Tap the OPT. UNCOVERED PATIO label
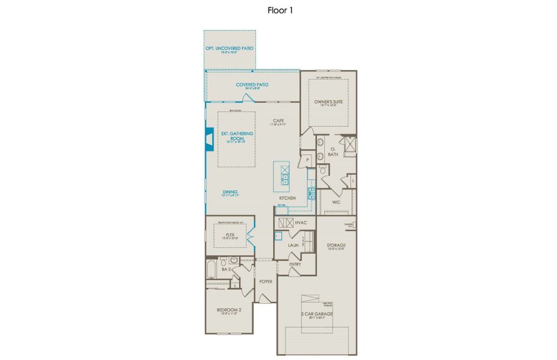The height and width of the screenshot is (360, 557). tap(230, 47)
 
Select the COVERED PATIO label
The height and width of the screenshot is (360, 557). tap(252, 85)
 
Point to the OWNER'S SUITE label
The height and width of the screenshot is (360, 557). tap(329, 102)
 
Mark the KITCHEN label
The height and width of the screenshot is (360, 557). tap(287, 198)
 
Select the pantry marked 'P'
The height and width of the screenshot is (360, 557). tap(306, 160)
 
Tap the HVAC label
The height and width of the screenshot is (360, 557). tap(301, 223)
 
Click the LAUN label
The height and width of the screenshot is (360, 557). tap(293, 245)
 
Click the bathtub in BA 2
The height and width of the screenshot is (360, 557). tap(211, 269)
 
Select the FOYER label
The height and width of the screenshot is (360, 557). tap(266, 281)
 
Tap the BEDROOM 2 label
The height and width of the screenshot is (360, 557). tap(229, 310)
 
